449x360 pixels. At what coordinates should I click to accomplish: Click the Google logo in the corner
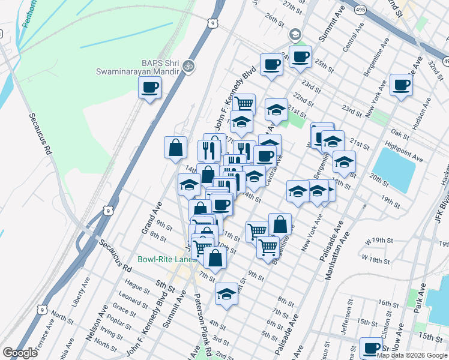click(20, 353)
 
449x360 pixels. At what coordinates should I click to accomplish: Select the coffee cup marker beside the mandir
click(149, 88)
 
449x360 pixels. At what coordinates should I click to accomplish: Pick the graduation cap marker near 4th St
click(226, 293)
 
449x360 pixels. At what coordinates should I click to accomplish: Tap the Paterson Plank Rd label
click(203, 325)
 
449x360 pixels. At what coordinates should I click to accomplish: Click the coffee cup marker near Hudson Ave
click(401, 85)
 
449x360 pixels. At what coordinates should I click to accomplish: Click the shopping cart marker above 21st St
click(244, 104)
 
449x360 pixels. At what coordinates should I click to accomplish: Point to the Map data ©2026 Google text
click(412, 355)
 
